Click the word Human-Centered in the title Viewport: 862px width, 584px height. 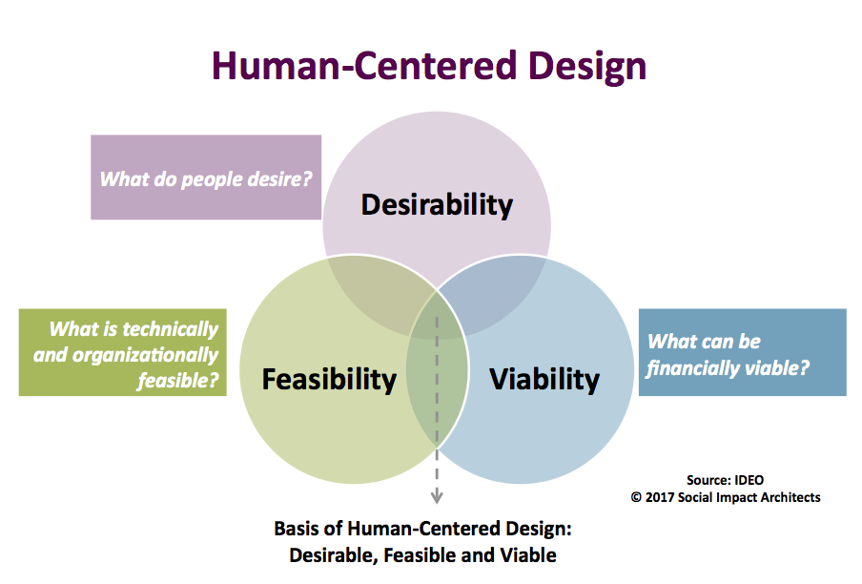point(364,66)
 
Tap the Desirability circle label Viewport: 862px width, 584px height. point(437,205)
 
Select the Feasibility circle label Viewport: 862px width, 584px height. point(329,380)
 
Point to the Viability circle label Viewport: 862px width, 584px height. point(544,380)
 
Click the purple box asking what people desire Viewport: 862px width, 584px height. point(206,177)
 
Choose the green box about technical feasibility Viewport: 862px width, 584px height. point(123,352)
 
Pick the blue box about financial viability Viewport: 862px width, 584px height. point(742,352)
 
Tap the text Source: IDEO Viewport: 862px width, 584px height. point(725,480)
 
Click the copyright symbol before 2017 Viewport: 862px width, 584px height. point(636,498)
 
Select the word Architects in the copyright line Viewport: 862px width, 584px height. point(789,498)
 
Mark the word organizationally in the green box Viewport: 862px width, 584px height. point(145,356)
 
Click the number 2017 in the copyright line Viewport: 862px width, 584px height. point(660,498)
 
